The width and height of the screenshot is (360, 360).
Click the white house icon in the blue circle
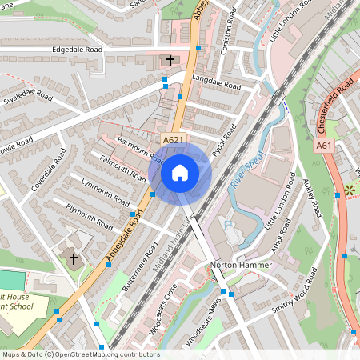coord(179,172)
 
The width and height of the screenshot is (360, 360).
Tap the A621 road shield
coord(172,141)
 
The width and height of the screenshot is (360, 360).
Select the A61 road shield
coord(324,146)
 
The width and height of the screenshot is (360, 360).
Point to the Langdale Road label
coord(216,84)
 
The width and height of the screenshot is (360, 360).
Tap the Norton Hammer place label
coord(235,265)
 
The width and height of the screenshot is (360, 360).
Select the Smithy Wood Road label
coord(293,297)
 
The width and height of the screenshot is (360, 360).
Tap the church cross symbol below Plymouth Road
coord(74,259)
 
